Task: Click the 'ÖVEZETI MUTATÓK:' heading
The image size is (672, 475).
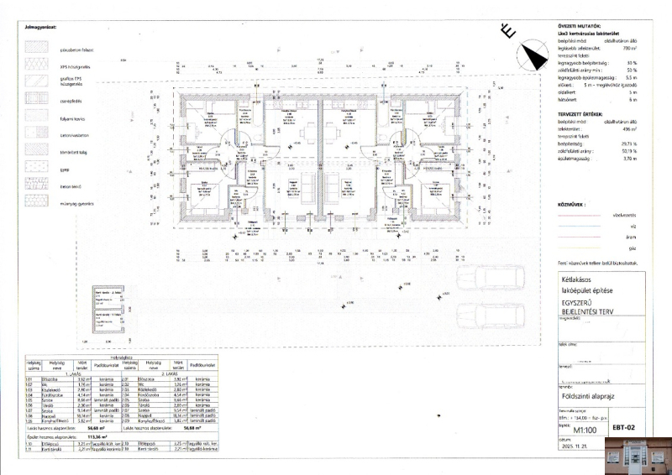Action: [580, 26]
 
